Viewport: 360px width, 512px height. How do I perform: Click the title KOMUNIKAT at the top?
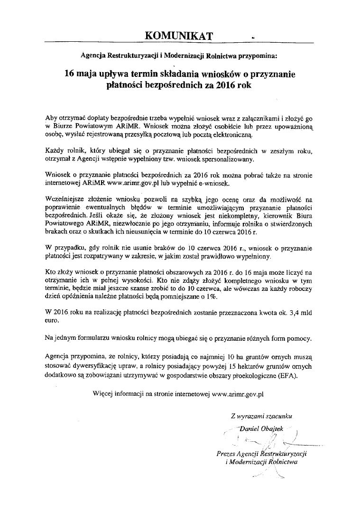point(179,36)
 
